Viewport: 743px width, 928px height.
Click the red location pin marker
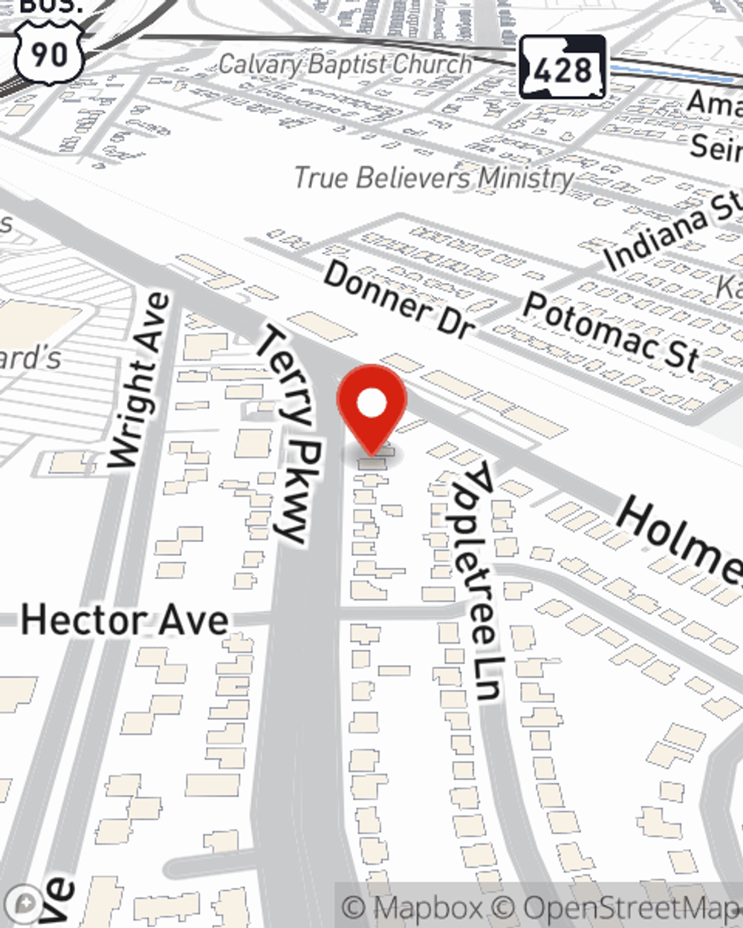[x=371, y=408]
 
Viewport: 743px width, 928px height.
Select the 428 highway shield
[x=562, y=68]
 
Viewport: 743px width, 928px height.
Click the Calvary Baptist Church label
[x=345, y=64]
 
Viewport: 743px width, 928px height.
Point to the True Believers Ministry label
[x=434, y=177]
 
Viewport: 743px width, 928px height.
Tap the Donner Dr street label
[x=398, y=301]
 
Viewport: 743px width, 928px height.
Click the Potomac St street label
[x=610, y=331]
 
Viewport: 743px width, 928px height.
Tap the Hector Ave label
[x=124, y=620]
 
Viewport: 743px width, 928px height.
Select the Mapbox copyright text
[x=412, y=907]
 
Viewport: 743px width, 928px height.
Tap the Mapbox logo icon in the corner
[x=27, y=903]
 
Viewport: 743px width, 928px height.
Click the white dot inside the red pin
[x=371, y=404]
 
